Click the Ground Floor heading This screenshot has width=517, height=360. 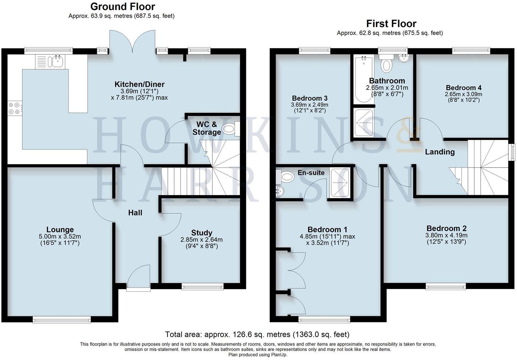pyautogui.click(x=123, y=6)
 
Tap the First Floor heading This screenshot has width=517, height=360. pyautogui.click(x=391, y=23)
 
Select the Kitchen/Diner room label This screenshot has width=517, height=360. pyautogui.click(x=139, y=84)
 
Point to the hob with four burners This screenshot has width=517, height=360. pyautogui.click(x=14, y=108)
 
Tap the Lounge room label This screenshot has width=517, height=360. pyautogui.click(x=60, y=230)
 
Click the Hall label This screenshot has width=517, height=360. pyautogui.click(x=135, y=213)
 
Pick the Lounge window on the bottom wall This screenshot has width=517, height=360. pyautogui.click(x=62, y=319)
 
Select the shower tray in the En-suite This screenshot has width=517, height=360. pyautogui.click(x=340, y=182)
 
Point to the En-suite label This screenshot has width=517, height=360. pyautogui.click(x=311, y=173)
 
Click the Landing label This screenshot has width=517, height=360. pyautogui.click(x=440, y=152)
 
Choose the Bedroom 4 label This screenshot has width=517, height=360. pyautogui.click(x=464, y=88)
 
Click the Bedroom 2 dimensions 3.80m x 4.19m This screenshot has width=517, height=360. pyautogui.click(x=446, y=235)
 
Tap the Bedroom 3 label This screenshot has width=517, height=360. pyautogui.click(x=309, y=98)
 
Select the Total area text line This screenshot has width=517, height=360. pyautogui.click(x=257, y=334)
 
